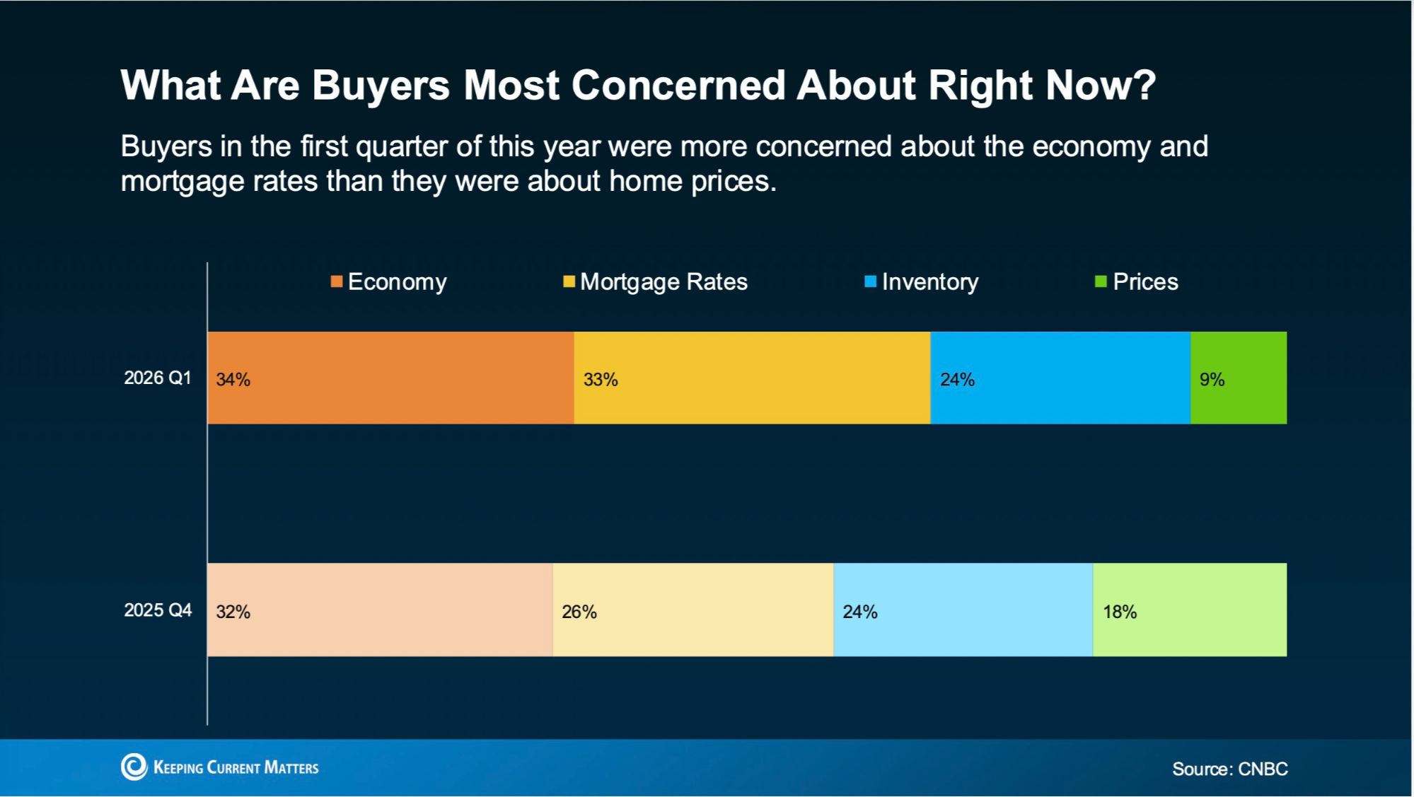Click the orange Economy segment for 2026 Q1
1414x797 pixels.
(x=390, y=378)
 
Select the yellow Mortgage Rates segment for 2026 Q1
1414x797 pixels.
(x=752, y=378)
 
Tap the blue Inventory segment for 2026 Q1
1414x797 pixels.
(x=1060, y=378)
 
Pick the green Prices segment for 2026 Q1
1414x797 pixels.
(x=1239, y=378)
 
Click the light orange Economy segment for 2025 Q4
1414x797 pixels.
(x=380, y=610)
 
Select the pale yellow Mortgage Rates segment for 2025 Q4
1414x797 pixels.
(x=692, y=610)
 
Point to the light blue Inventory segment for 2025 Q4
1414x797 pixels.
(x=963, y=610)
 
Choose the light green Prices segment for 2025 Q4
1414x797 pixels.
(x=1190, y=610)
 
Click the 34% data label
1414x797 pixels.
(x=233, y=380)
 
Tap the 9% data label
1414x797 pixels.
(x=1212, y=380)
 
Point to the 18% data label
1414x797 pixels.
(x=1120, y=612)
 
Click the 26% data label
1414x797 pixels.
(x=579, y=612)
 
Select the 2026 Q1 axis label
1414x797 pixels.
(x=158, y=378)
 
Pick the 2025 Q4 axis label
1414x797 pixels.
(x=158, y=610)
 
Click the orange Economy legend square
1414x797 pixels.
(x=337, y=282)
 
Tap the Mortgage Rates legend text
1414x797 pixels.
(x=663, y=282)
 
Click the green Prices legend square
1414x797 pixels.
(x=1101, y=282)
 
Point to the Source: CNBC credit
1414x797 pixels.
(x=1229, y=769)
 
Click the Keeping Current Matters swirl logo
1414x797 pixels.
(x=134, y=767)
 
